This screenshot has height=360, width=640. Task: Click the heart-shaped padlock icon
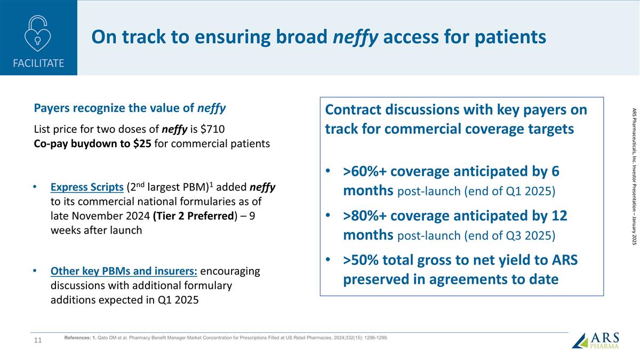38,34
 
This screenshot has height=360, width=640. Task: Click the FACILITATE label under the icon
38,63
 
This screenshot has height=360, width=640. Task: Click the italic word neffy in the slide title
356,37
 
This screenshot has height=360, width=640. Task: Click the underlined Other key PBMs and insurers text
124,271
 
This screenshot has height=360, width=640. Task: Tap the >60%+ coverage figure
364,172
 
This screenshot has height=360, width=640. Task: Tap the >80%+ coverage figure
364,216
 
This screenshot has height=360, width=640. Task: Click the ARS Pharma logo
596,340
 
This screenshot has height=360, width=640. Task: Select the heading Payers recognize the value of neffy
130,108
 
